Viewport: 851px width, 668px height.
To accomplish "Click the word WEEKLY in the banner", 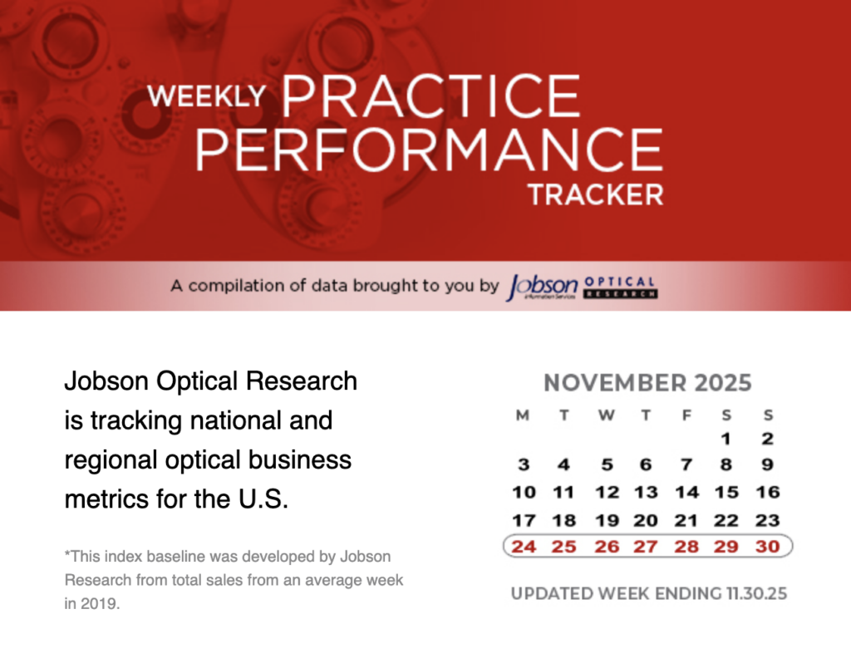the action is point(207,96).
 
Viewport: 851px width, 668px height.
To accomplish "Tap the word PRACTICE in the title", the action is point(431,96).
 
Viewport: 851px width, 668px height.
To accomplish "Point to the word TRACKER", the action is point(596,194).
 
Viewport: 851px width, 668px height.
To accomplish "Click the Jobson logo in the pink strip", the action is point(542,287).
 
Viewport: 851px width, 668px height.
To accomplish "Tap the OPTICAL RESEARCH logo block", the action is point(620,287).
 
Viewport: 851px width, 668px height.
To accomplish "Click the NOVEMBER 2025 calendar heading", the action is point(647,382).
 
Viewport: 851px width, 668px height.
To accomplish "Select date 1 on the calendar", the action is point(726,439).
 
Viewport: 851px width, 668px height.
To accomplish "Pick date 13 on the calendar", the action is point(646,492).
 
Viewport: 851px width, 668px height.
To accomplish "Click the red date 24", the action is point(524,547).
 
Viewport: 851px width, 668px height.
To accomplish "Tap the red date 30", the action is point(767,547).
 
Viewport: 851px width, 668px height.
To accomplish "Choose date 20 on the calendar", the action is point(646,520).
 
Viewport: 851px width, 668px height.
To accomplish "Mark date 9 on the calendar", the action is point(767,464).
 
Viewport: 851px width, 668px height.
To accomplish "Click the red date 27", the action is point(646,547).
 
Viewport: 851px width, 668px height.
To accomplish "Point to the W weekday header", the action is point(606,415).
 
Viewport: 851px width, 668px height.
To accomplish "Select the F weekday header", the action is point(686,415).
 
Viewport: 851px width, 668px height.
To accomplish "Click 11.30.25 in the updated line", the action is point(756,594).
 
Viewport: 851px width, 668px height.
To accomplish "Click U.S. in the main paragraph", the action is point(263,499).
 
